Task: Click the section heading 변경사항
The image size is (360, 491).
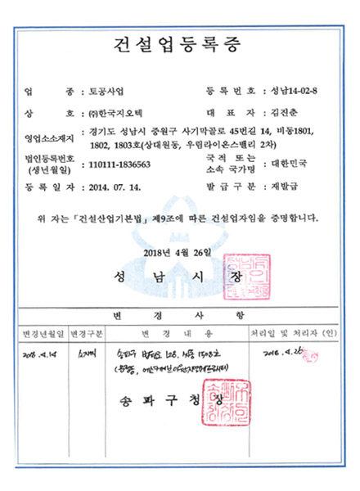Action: click(x=179, y=314)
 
